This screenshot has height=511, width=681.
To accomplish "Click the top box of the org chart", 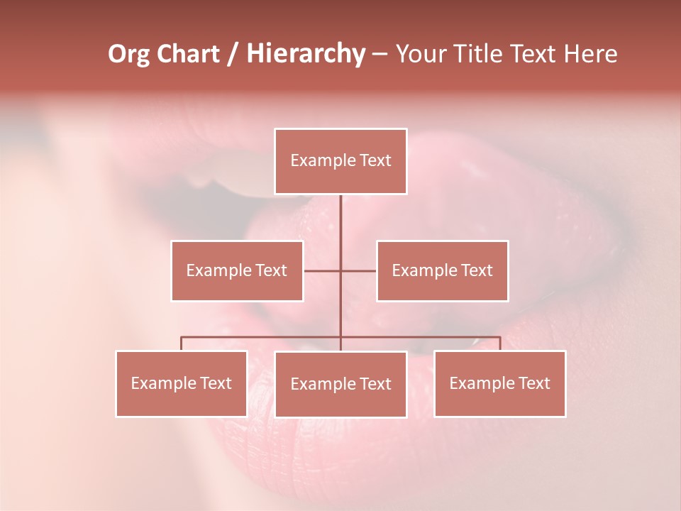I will coord(340,161).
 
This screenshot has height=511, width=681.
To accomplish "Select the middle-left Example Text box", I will coord(237,270).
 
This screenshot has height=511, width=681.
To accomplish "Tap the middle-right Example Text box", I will coord(442,270).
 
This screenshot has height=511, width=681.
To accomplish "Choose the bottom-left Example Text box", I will coord(182,383).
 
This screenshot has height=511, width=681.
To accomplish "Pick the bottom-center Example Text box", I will coord(340,384).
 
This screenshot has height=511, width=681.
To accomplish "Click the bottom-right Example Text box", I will coord(499,383).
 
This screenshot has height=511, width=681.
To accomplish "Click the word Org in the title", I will coord(128,54).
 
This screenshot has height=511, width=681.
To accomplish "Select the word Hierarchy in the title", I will coord(305,54).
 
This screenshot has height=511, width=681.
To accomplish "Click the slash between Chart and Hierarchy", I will coord(232,54).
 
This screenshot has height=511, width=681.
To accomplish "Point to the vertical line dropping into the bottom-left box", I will coord(182,344).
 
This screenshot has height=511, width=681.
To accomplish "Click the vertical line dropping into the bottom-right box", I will coord(500,344).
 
